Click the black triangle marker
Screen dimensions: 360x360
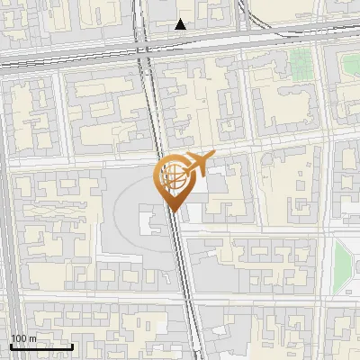tap(181, 24)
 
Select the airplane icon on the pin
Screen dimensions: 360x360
tap(197, 164)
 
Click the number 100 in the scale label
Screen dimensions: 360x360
tap(18, 337)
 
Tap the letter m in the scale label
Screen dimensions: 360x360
tap(31, 337)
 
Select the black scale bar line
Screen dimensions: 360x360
tap(41, 346)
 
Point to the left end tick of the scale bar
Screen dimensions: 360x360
tap(10, 345)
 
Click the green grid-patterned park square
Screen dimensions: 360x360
tap(301, 62)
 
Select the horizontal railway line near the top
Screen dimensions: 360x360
tap(72, 56)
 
